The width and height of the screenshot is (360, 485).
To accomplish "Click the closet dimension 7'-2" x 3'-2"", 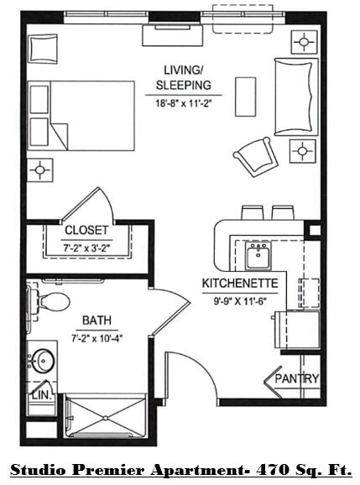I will pyautogui.click(x=87, y=248).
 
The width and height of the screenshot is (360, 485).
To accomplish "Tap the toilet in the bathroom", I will pyautogui.click(x=52, y=300).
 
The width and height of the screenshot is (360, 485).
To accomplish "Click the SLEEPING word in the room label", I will pyautogui.click(x=183, y=86).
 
